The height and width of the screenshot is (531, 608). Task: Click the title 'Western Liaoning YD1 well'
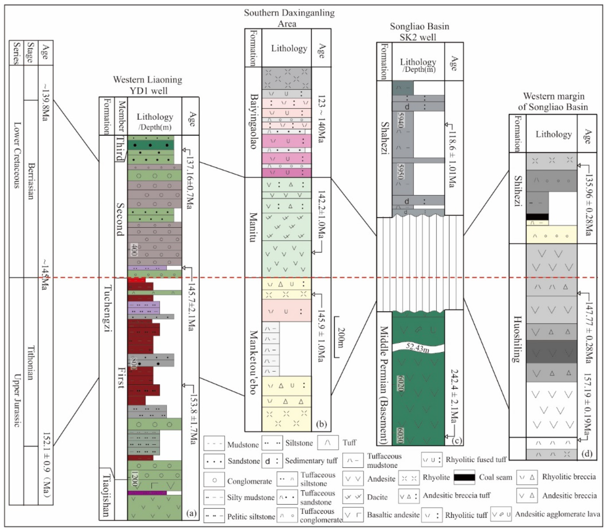[x=148, y=85]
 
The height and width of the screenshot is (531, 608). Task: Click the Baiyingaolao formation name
[x=253, y=121]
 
